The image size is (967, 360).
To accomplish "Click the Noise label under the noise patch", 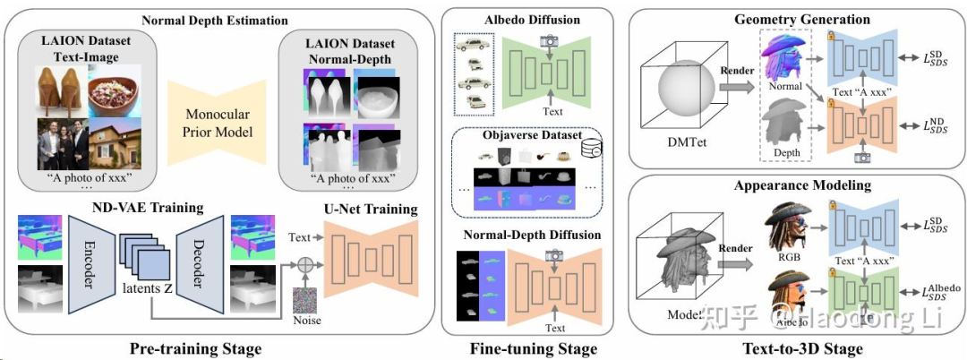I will (x=308, y=320).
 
